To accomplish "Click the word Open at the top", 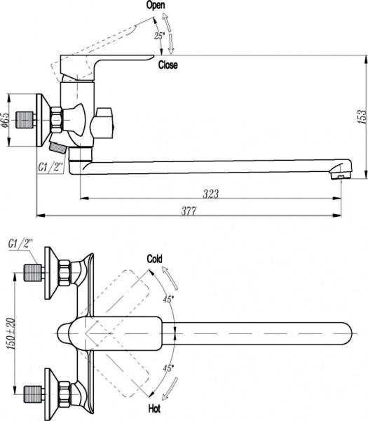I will [x=156, y=5].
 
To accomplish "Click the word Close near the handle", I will [x=168, y=65].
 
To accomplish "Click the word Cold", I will [x=155, y=259].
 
